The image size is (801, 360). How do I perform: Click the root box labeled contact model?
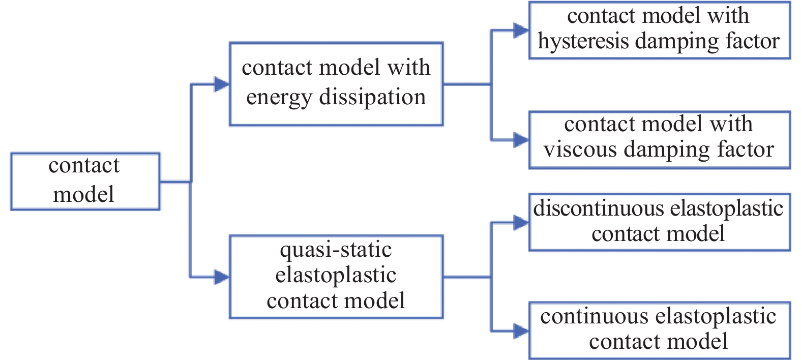point(85,181)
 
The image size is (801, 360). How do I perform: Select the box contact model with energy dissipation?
point(336,84)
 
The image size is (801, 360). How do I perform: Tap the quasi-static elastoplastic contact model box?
point(336,277)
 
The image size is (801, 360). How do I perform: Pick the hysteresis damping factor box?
point(659,31)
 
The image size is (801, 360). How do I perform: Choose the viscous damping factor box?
point(659,140)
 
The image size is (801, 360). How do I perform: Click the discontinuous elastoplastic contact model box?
point(659,222)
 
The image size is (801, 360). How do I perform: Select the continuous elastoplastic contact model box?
point(659,331)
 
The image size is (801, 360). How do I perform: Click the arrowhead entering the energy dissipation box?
point(222,84)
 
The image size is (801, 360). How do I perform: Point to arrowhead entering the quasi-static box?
point(222,277)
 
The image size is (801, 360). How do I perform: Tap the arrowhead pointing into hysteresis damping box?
point(521,31)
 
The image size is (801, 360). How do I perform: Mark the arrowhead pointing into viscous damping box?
point(521,140)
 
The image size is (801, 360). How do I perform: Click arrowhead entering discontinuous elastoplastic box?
point(521,222)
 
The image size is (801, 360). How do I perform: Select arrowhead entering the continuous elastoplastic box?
point(521,331)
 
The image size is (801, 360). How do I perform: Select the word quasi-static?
point(336,250)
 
